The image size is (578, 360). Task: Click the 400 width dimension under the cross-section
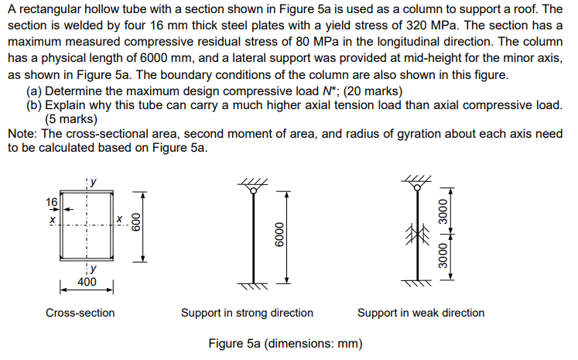coord(87,282)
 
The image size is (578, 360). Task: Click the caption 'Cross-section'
coord(80,313)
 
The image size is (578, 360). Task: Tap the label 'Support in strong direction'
coord(247,313)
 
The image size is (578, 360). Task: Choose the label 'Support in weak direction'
coord(421,313)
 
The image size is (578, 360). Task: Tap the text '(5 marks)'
coord(71,119)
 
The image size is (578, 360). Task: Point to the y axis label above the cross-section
coord(94,183)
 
